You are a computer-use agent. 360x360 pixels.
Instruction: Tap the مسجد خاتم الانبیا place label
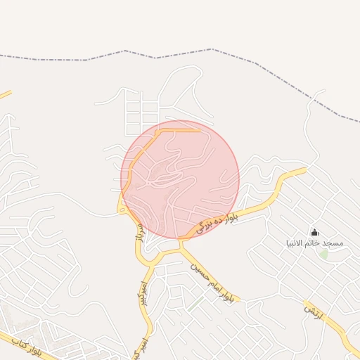click(x=314, y=243)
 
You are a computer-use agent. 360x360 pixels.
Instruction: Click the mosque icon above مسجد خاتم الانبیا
click(x=314, y=232)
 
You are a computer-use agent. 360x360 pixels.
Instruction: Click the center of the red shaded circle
click(x=180, y=179)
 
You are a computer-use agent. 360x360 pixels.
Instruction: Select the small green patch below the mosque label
click(x=323, y=253)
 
